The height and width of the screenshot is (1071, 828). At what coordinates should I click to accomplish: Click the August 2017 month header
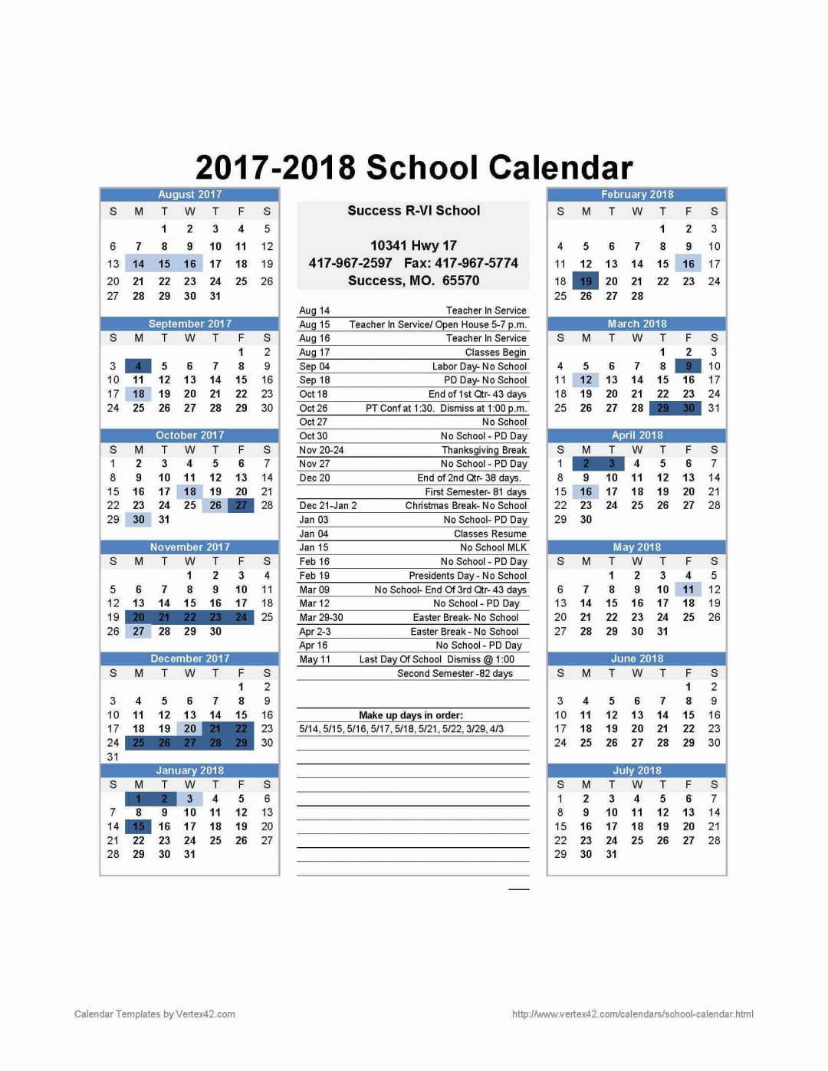tap(189, 195)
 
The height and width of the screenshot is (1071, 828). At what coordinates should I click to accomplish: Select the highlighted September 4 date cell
tap(139, 366)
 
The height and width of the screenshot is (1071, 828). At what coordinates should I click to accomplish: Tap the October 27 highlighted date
tap(241, 505)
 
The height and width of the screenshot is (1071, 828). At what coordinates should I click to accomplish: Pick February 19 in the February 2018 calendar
tap(586, 281)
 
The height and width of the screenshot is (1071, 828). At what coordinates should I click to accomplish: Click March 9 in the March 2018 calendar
tap(688, 366)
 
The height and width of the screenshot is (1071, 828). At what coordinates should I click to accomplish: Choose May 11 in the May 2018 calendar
tap(688, 590)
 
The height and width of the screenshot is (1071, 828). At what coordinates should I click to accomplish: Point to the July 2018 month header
tap(637, 770)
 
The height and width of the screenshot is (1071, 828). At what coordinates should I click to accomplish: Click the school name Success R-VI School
tap(413, 211)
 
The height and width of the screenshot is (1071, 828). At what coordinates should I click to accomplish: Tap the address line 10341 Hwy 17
tap(413, 246)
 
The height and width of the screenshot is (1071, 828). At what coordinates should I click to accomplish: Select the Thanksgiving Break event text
tap(484, 450)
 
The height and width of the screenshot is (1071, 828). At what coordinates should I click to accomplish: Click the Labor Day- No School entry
tap(479, 366)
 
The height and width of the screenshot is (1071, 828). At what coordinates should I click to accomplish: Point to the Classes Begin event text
tap(495, 353)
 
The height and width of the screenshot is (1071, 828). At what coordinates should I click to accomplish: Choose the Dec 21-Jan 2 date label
tap(328, 506)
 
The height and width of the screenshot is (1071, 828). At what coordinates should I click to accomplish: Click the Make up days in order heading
tap(411, 715)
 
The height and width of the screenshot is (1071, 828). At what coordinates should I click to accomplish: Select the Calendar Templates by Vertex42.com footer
tap(155, 1014)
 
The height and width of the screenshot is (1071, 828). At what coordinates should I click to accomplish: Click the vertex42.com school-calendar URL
tap(632, 1014)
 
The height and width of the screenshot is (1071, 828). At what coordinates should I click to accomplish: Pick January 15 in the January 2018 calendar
tap(139, 826)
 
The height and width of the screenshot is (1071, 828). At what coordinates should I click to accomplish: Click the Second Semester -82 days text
tap(455, 674)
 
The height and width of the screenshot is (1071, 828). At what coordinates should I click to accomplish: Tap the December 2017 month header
tap(189, 659)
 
